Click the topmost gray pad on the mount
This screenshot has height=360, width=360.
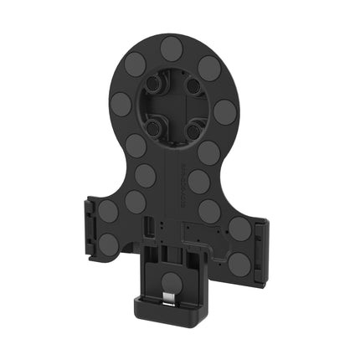[172, 47]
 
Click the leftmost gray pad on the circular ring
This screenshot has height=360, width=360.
[121, 104]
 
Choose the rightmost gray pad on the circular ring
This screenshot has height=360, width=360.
[224, 111]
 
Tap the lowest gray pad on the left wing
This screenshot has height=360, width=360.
[109, 244]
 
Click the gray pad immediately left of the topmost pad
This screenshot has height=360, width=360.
[136, 64]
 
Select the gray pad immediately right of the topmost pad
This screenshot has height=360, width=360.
[209, 68]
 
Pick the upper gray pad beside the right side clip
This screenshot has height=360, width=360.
[239, 229]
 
